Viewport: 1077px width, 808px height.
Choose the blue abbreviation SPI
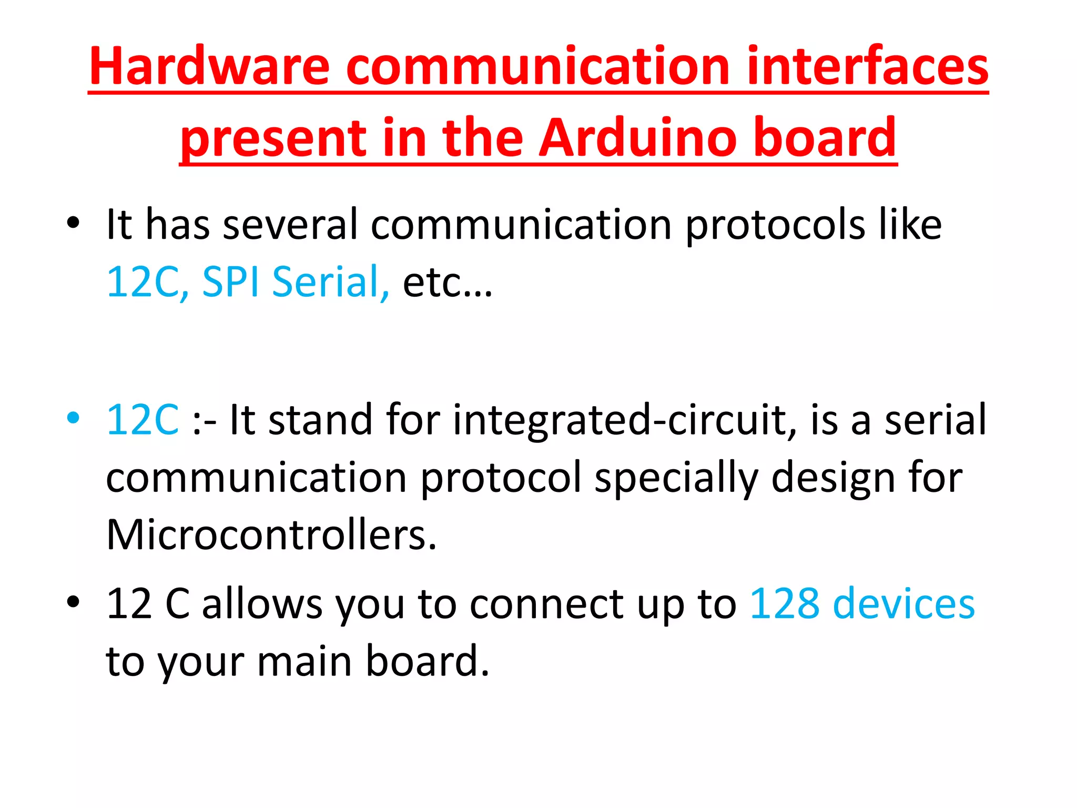[x=230, y=282]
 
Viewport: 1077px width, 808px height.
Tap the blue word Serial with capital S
[x=330, y=282]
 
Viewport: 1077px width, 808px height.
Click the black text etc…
[x=448, y=282]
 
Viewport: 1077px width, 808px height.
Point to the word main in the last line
[x=304, y=661]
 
